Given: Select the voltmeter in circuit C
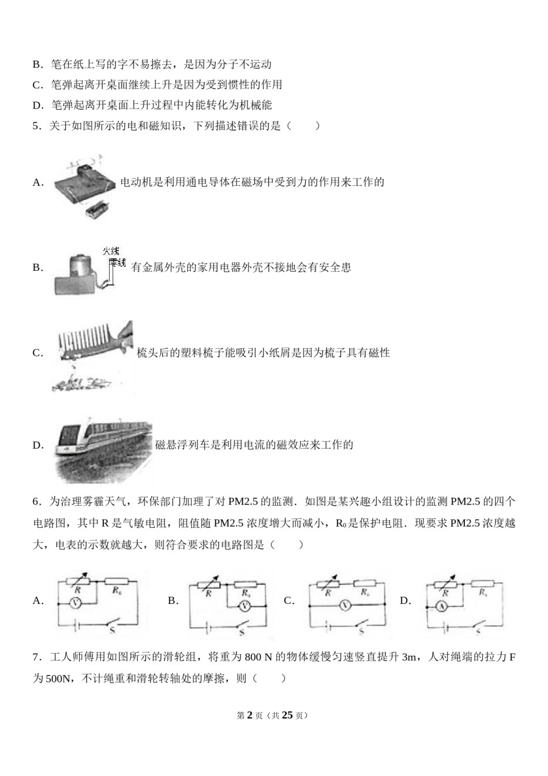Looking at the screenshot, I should (344, 605).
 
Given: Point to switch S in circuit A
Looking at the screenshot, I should (111, 623).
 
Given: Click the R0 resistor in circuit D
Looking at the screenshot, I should (482, 583).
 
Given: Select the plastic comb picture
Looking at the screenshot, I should (95, 342).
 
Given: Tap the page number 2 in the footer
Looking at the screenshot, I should (250, 715).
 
